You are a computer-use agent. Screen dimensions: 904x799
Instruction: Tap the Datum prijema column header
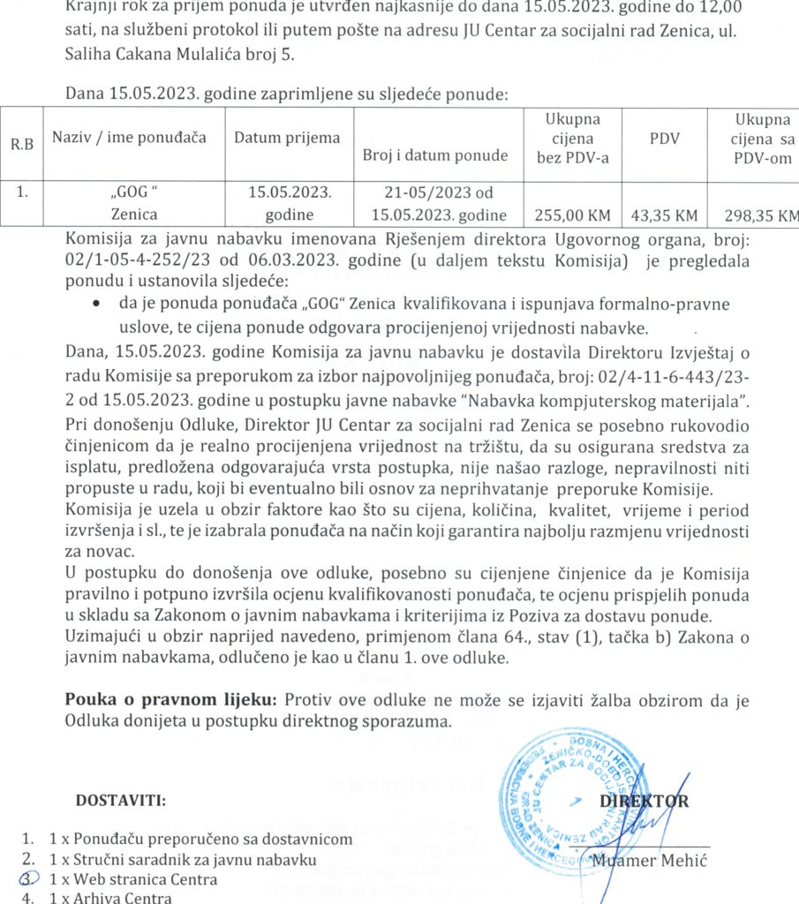tap(286, 138)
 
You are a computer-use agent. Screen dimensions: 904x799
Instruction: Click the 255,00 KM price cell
tap(568, 214)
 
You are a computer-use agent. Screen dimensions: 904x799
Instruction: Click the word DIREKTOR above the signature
tap(644, 802)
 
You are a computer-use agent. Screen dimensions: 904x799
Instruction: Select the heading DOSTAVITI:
tap(122, 801)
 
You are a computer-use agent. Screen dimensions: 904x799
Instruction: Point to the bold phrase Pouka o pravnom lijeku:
tap(173, 700)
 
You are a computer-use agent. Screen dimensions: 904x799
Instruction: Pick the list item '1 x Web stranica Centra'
tap(132, 879)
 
